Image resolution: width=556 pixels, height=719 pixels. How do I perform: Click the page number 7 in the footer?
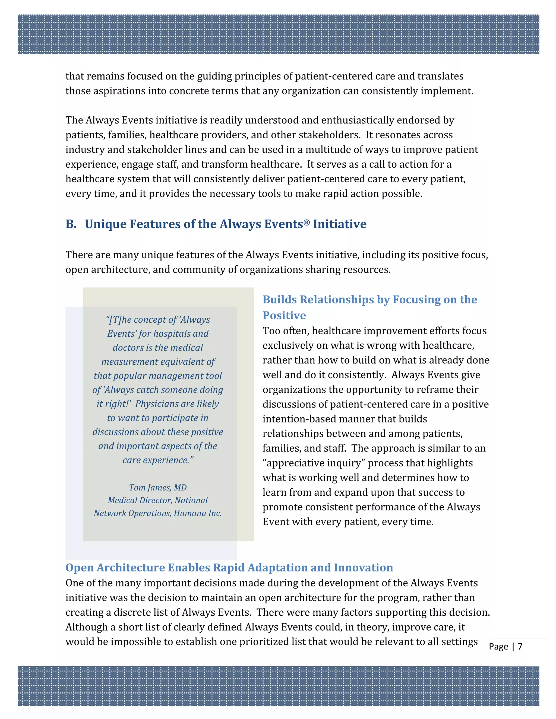(x=520, y=646)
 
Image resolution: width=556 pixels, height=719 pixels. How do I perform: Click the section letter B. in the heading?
(x=71, y=224)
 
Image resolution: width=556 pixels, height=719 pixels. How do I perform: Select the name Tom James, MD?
(x=158, y=487)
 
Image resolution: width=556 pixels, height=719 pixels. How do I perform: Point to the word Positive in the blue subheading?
(x=284, y=315)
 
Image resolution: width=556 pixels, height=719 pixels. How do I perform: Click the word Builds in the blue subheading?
(x=279, y=299)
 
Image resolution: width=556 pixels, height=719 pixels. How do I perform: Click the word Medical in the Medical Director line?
(x=122, y=500)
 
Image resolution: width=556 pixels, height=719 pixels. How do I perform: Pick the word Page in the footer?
(x=498, y=647)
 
